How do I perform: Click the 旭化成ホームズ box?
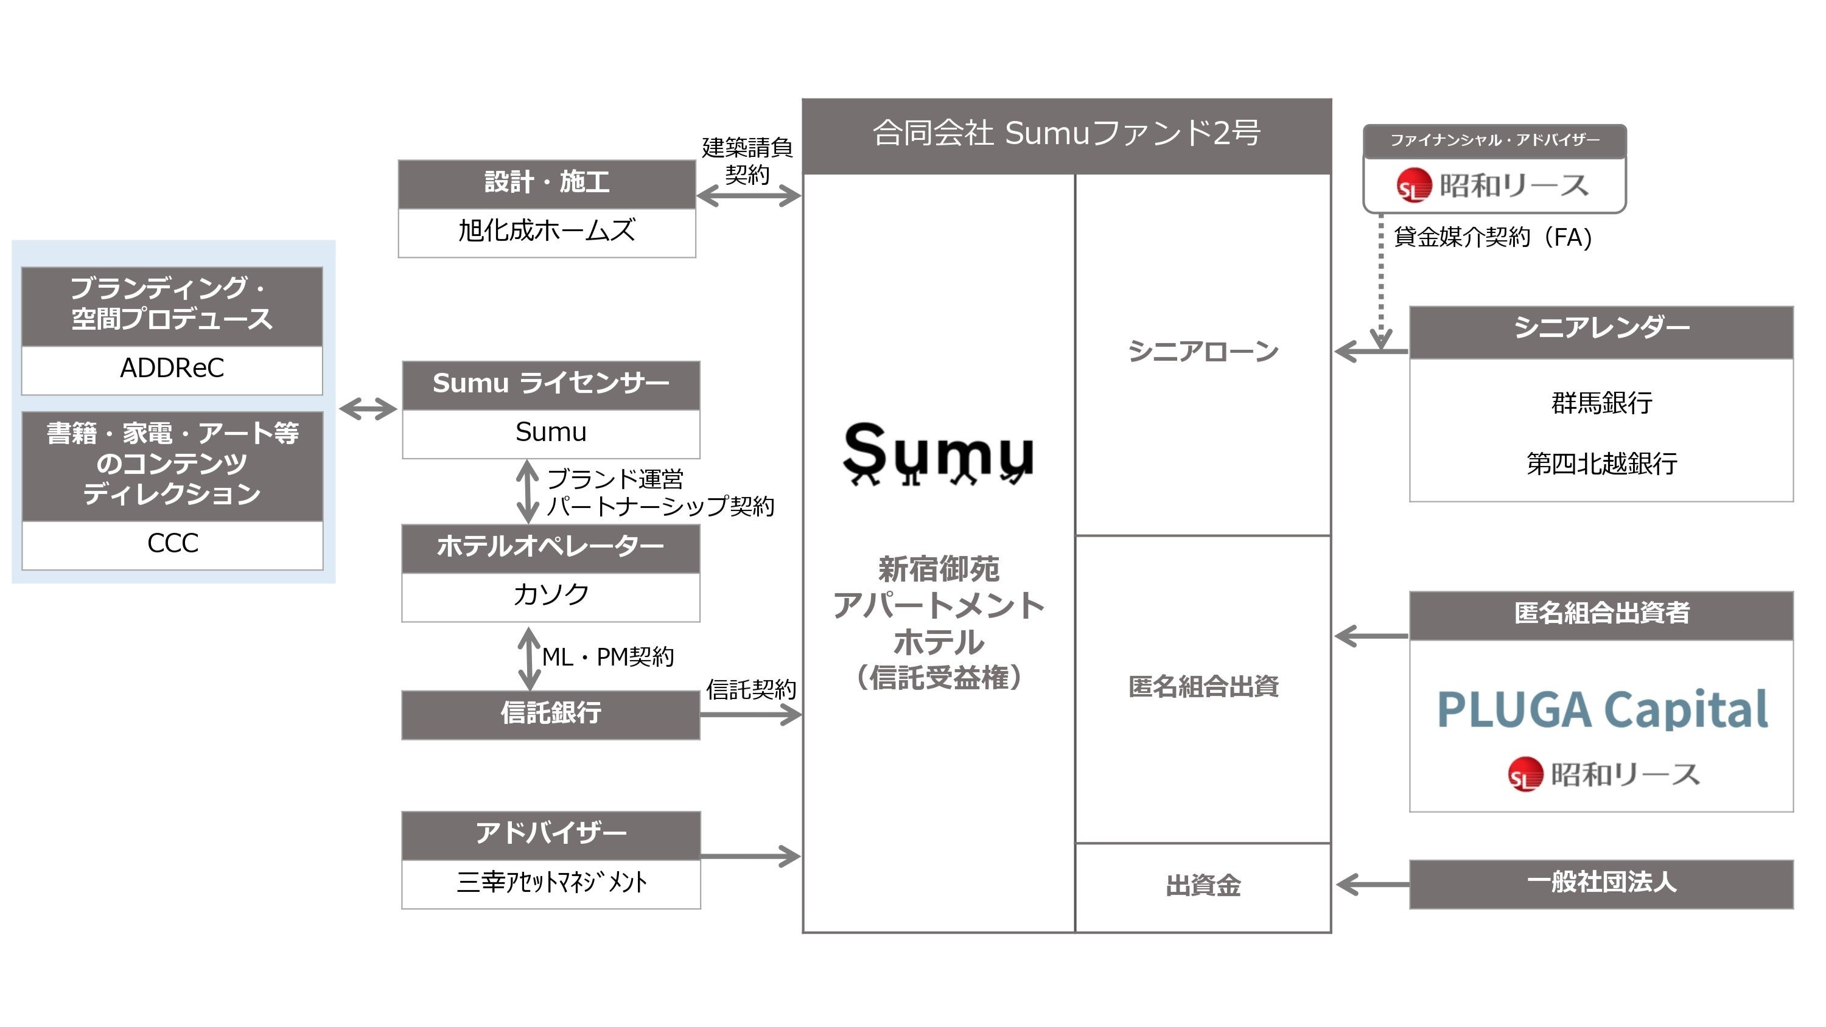click(x=547, y=231)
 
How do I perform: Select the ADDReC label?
click(x=172, y=369)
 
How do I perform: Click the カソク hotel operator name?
click(x=551, y=594)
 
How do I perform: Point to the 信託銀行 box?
click(x=551, y=714)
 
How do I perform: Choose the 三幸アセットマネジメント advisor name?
click(x=551, y=882)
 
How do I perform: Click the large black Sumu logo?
click(x=938, y=452)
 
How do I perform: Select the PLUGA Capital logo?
click(x=1602, y=709)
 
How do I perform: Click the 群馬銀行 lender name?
click(x=1601, y=403)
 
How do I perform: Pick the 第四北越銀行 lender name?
click(x=1601, y=464)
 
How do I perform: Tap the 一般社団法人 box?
click(x=1601, y=883)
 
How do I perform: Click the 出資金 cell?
click(x=1203, y=886)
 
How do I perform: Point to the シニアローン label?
click(x=1203, y=352)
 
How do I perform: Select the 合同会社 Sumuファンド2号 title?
click(x=1066, y=133)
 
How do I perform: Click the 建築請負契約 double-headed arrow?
click(x=749, y=197)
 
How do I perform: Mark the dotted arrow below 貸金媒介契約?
click(x=1381, y=284)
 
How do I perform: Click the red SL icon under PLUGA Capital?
click(x=1525, y=774)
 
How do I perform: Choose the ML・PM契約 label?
click(x=608, y=657)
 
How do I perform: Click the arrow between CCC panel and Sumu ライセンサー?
click(x=368, y=409)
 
